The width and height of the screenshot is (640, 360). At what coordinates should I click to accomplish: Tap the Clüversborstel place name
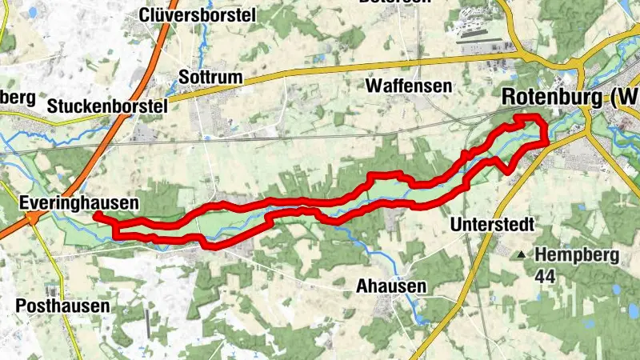tap(197, 14)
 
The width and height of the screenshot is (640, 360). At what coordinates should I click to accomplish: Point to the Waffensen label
tap(408, 86)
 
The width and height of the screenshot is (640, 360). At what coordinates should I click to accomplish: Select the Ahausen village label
tap(391, 286)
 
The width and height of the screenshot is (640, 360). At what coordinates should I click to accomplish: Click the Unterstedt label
tap(491, 223)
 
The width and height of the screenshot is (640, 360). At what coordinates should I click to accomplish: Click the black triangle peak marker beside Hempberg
tap(522, 255)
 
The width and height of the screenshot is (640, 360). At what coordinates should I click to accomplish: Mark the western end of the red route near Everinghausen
tap(96, 215)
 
